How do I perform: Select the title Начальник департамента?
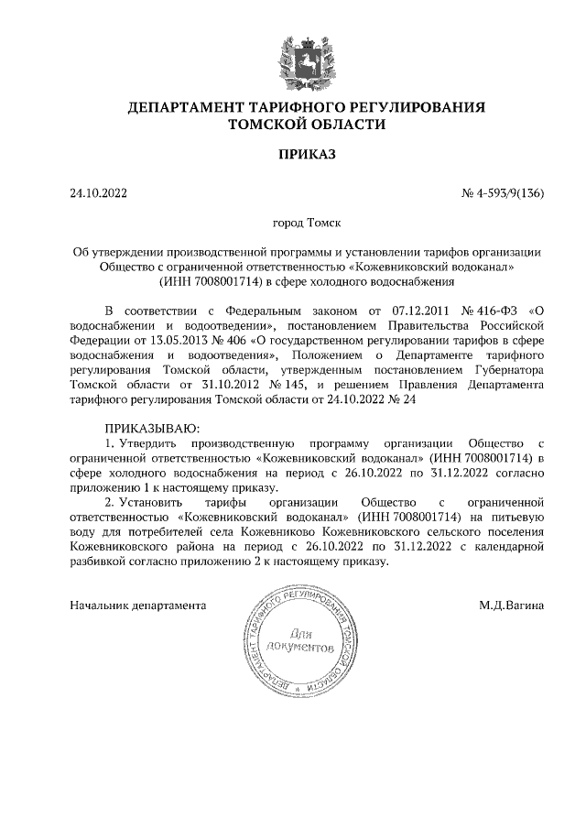[x=138, y=605]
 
